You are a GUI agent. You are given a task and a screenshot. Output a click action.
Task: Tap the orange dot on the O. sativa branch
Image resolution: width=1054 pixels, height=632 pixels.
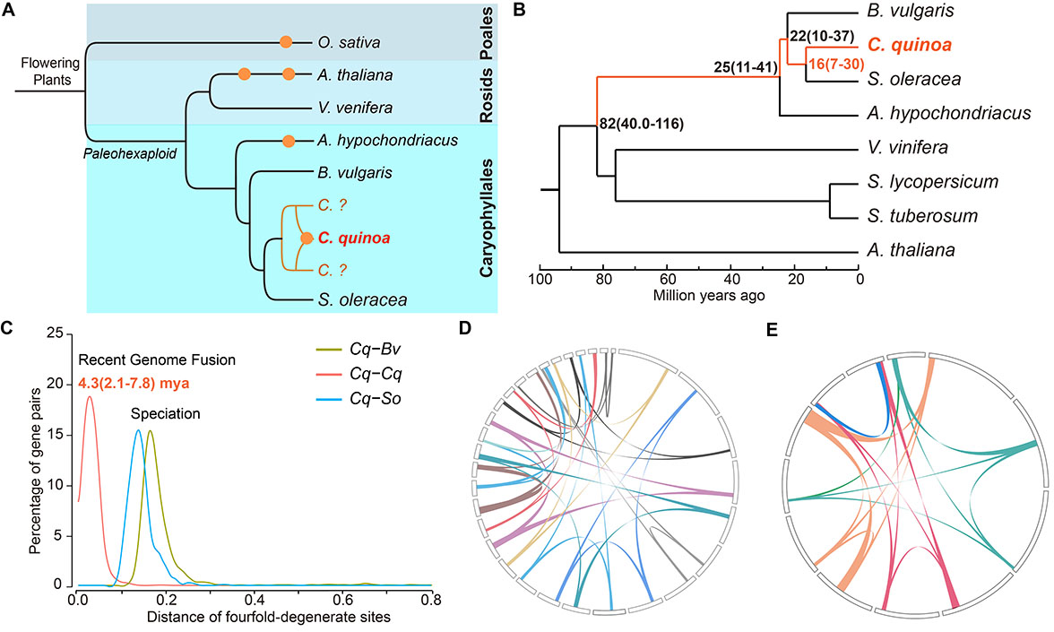pyautogui.click(x=286, y=42)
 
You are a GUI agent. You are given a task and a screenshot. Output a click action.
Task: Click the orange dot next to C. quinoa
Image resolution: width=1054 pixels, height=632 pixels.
pyautogui.click(x=307, y=238)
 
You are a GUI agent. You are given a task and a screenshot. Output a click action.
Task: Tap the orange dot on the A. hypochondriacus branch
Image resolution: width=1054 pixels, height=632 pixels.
pyautogui.click(x=288, y=140)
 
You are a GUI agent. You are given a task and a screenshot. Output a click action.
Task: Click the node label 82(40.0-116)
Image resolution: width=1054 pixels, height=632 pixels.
pyautogui.click(x=641, y=122)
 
